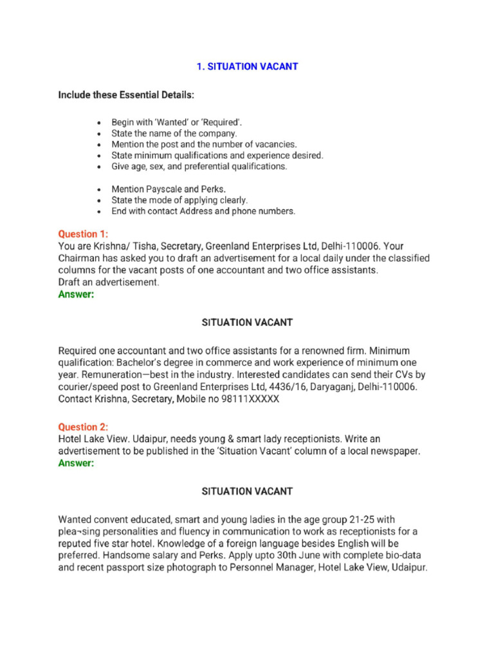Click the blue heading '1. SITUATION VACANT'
(x=247, y=67)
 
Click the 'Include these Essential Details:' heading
(x=126, y=95)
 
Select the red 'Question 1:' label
(x=84, y=234)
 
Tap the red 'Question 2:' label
(x=84, y=427)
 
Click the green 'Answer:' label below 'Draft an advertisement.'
(x=76, y=294)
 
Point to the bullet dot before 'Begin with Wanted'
(x=98, y=122)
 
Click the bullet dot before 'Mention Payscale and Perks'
(x=98, y=189)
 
